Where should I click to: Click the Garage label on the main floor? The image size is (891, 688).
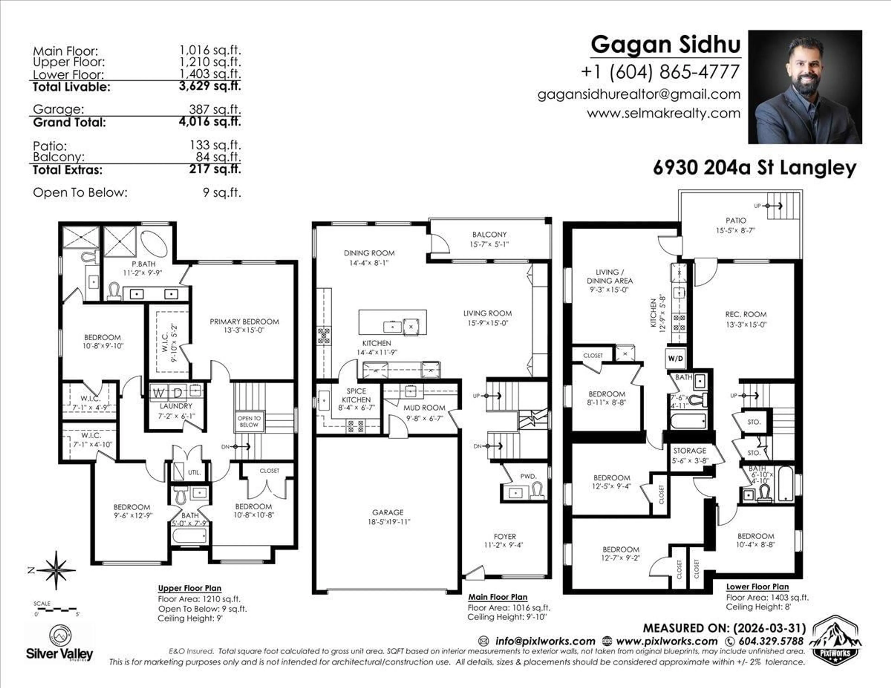point(387,512)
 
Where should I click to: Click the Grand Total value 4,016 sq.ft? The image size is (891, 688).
point(210,122)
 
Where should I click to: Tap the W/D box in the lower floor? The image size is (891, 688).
point(675,358)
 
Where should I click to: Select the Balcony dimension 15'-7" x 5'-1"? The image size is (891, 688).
point(489,244)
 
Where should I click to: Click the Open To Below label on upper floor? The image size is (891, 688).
point(249,421)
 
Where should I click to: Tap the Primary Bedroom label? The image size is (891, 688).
point(244,321)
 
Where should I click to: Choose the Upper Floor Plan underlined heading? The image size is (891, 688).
point(190,588)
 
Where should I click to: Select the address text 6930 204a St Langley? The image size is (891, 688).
point(754,168)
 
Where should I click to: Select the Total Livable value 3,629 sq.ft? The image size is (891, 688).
point(210,86)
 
